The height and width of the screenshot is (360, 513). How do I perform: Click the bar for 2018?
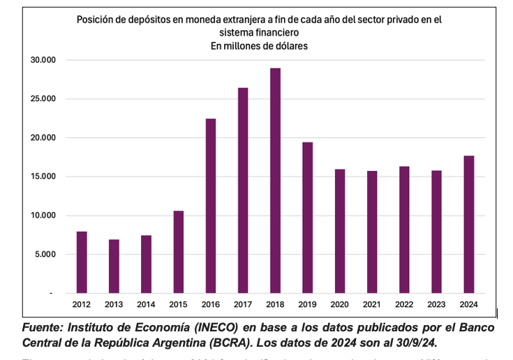275,181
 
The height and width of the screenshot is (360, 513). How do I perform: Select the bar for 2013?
114,266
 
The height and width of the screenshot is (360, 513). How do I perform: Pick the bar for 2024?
469,224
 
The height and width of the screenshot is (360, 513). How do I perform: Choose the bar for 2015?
179,252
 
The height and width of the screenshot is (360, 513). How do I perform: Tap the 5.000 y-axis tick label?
44,254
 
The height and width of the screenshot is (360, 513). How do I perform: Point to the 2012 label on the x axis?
82,304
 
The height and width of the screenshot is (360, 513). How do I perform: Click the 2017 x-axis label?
243,304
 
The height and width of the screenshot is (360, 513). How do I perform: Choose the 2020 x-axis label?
340,304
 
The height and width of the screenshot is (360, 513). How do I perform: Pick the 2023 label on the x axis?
437,304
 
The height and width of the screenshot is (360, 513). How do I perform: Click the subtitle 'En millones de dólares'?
259,45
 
